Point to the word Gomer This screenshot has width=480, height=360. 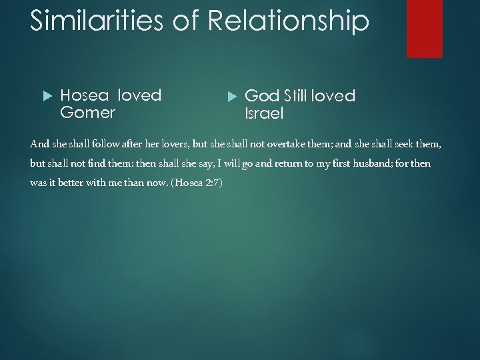pyautogui.click(x=87, y=113)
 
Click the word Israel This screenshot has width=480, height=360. pyautogui.click(x=265, y=113)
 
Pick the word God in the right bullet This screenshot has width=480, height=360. pyautogui.click(x=262, y=96)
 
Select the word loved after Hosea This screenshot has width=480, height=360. pyautogui.click(x=139, y=95)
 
